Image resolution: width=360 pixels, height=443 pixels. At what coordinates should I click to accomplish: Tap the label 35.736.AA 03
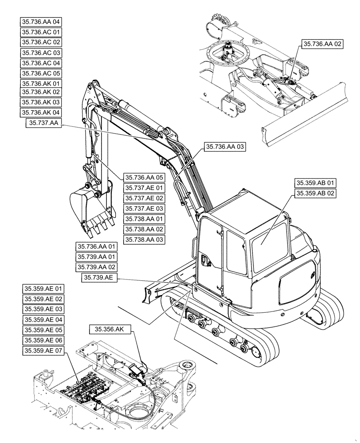click(225, 147)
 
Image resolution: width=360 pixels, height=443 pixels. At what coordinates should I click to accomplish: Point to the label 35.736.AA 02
click(323, 44)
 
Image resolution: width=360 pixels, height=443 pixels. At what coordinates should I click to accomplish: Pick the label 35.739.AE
click(100, 278)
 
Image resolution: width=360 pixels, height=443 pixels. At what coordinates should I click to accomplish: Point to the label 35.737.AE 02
click(144, 198)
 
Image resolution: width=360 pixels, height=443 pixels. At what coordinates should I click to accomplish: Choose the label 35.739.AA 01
click(97, 257)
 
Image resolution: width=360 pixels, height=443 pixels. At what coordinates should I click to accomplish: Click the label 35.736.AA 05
click(144, 177)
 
